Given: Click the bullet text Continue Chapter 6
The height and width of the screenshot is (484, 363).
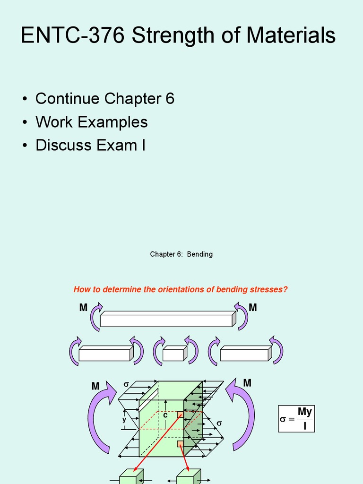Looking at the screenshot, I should [x=105, y=99].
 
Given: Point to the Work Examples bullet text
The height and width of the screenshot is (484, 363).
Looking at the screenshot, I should [x=92, y=122].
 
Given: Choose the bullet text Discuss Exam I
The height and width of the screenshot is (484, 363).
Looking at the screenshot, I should [x=90, y=145].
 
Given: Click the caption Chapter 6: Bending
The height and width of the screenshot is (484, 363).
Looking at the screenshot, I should [x=181, y=254].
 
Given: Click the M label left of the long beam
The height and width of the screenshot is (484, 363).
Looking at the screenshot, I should [x=84, y=308].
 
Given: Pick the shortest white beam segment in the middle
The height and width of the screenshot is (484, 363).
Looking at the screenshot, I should [x=173, y=353].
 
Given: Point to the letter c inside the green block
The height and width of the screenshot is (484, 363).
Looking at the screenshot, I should [x=165, y=415].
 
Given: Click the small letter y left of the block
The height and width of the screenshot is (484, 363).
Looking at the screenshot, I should [x=124, y=420].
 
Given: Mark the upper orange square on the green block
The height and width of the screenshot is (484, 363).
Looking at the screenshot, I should [x=180, y=414].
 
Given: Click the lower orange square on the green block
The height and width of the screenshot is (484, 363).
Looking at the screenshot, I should [x=180, y=444].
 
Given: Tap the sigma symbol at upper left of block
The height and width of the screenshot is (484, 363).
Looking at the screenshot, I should [x=126, y=385].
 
